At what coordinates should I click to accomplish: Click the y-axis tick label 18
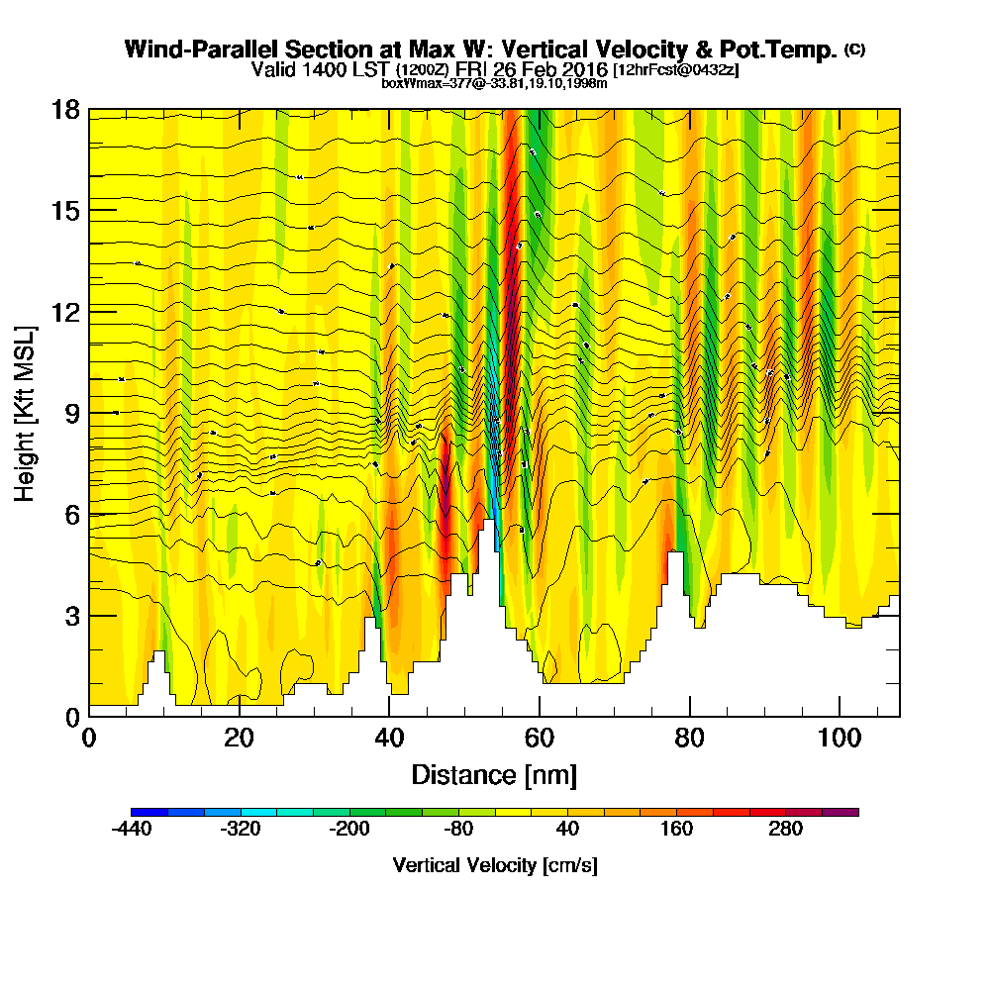click(65, 109)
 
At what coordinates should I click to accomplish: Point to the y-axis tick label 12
click(65, 312)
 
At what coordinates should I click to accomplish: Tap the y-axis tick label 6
click(71, 514)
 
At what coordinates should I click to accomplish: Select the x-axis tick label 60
click(540, 739)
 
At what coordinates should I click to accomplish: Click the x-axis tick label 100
click(840, 739)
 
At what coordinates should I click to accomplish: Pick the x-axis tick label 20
click(239, 739)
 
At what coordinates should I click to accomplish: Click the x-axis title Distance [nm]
click(494, 774)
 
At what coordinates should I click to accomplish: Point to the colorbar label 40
click(567, 830)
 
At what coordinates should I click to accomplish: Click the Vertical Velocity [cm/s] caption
click(494, 865)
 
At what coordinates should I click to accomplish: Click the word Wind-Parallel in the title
click(184, 49)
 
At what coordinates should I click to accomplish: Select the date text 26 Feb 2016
click(555, 70)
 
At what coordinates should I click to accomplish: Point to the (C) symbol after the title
click(854, 49)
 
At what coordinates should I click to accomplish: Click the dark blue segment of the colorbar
click(149, 812)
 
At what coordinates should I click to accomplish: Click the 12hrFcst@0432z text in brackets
click(676, 70)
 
